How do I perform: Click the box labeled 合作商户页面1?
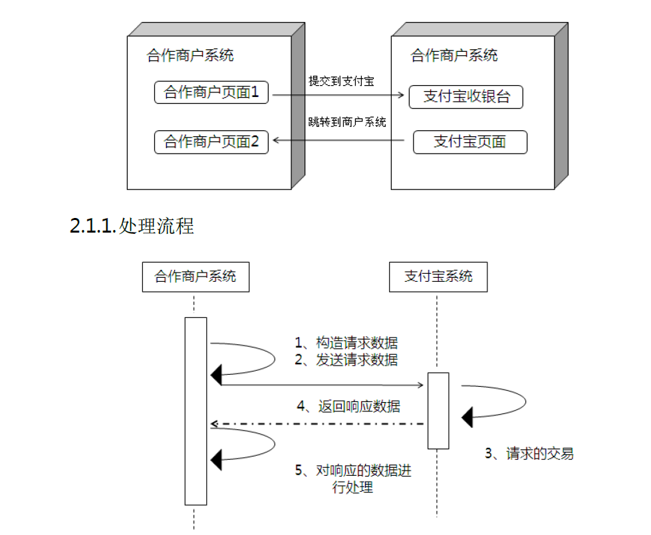211,92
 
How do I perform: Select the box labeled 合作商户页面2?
211,142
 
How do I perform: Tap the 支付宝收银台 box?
466,97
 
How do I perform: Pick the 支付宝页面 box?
469,142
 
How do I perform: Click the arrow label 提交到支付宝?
340,81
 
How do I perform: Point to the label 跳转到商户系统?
347,122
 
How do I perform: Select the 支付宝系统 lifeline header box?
438,276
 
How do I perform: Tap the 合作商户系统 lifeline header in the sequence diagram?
195,276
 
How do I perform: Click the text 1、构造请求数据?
346,343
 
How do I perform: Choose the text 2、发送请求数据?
346,360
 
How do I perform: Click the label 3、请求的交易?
529,454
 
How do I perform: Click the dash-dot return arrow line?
319,423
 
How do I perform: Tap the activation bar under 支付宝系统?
438,410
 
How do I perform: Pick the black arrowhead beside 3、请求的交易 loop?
467,417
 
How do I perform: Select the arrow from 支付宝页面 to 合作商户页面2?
339,140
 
